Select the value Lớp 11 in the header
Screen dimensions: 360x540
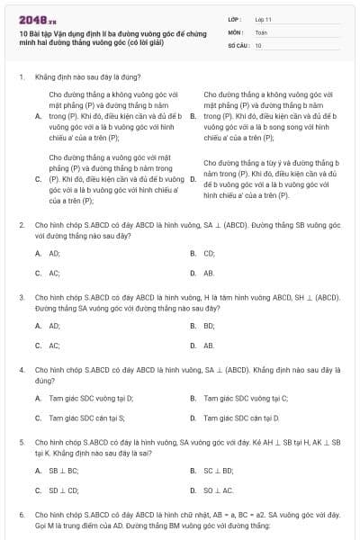click(x=263, y=19)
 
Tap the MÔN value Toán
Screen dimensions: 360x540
click(x=261, y=31)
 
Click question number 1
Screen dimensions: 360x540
click(x=21, y=77)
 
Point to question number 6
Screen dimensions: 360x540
click(x=21, y=514)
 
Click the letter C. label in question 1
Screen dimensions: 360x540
click(x=39, y=178)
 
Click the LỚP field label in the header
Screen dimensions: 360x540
click(x=234, y=19)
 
